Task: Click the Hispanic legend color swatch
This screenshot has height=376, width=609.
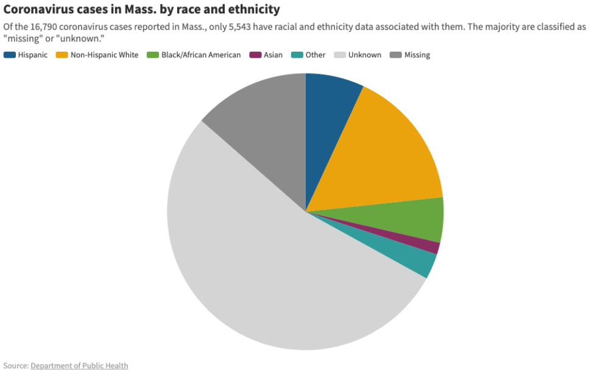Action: click(9, 55)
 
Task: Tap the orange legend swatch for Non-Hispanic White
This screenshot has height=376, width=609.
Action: click(62, 55)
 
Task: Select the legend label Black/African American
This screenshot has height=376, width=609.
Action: click(201, 55)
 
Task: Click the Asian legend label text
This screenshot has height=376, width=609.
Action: click(273, 55)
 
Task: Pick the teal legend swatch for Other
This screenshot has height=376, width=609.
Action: click(297, 55)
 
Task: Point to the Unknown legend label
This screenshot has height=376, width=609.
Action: click(365, 55)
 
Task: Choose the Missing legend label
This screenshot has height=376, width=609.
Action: click(417, 55)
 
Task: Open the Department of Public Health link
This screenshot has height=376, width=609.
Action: click(79, 366)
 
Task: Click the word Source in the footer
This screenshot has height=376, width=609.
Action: click(15, 366)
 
